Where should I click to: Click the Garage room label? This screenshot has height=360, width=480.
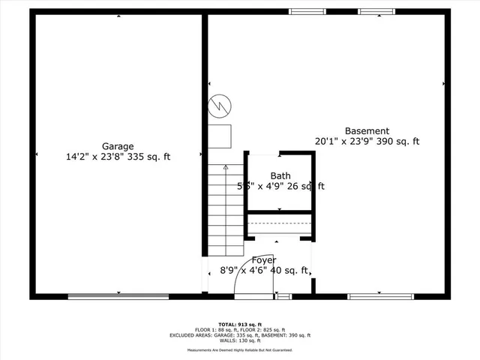click(118, 146)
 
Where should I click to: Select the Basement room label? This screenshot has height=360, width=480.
click(367, 130)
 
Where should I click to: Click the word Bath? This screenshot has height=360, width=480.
click(280, 176)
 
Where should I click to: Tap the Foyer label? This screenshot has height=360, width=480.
click(263, 260)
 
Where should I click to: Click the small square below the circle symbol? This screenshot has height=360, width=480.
click(220, 136)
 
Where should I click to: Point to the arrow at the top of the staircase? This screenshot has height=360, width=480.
click(226, 169)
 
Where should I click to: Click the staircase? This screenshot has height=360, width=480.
click(226, 210)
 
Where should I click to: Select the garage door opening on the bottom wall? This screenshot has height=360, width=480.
click(118, 297)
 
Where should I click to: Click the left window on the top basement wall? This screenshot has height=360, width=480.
click(302, 11)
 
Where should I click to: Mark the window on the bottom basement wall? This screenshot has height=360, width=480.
click(380, 297)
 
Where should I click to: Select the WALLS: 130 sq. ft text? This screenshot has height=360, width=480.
click(239, 340)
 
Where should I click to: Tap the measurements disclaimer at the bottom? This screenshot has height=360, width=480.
click(239, 350)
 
